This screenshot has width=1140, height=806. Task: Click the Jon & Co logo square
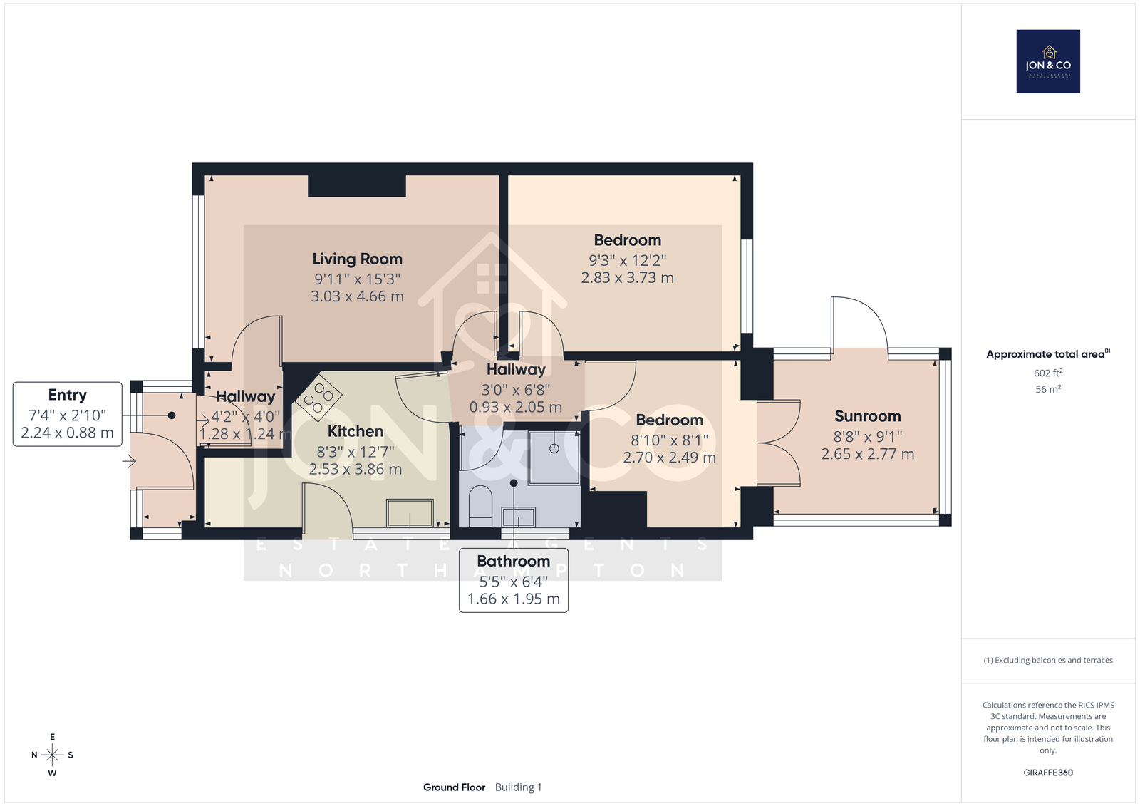(x=1048, y=61)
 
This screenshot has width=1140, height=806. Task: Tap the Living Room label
(x=357, y=259)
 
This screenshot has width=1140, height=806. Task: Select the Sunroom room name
(x=868, y=416)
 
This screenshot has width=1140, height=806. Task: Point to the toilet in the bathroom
(x=480, y=505)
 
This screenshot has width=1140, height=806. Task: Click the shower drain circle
(x=554, y=448)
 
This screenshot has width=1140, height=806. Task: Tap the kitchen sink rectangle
(x=410, y=512)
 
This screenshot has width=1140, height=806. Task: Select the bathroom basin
(x=518, y=517)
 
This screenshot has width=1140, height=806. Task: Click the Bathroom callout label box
(x=514, y=580)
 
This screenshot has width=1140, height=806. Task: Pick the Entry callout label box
(x=67, y=414)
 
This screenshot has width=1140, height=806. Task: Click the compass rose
(x=52, y=755)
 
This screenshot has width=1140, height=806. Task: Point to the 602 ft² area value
(x=1048, y=373)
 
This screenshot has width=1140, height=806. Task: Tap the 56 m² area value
(x=1048, y=389)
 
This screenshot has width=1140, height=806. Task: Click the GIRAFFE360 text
(x=1048, y=773)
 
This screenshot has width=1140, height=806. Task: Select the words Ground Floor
(x=454, y=787)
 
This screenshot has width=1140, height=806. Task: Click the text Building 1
(x=518, y=787)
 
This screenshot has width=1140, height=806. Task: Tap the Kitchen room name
(x=356, y=431)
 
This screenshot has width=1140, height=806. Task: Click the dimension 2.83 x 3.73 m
(x=628, y=277)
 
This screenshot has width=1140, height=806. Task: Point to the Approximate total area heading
(x=1048, y=354)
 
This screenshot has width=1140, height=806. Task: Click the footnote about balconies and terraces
(x=1048, y=660)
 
